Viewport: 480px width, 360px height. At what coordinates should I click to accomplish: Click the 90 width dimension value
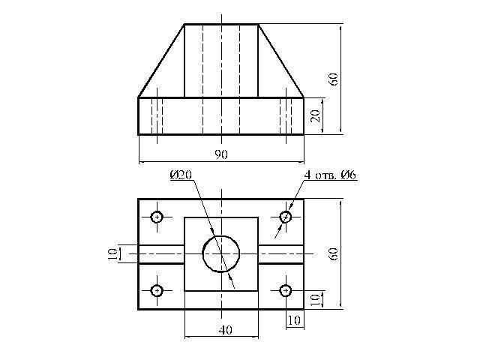click(221, 154)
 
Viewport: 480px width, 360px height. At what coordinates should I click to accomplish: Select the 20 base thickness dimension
click(315, 115)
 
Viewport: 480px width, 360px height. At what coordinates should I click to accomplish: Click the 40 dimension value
click(226, 330)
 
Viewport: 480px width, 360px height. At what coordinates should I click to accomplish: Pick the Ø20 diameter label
click(181, 175)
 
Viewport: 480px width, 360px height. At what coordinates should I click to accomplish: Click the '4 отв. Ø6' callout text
click(330, 175)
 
